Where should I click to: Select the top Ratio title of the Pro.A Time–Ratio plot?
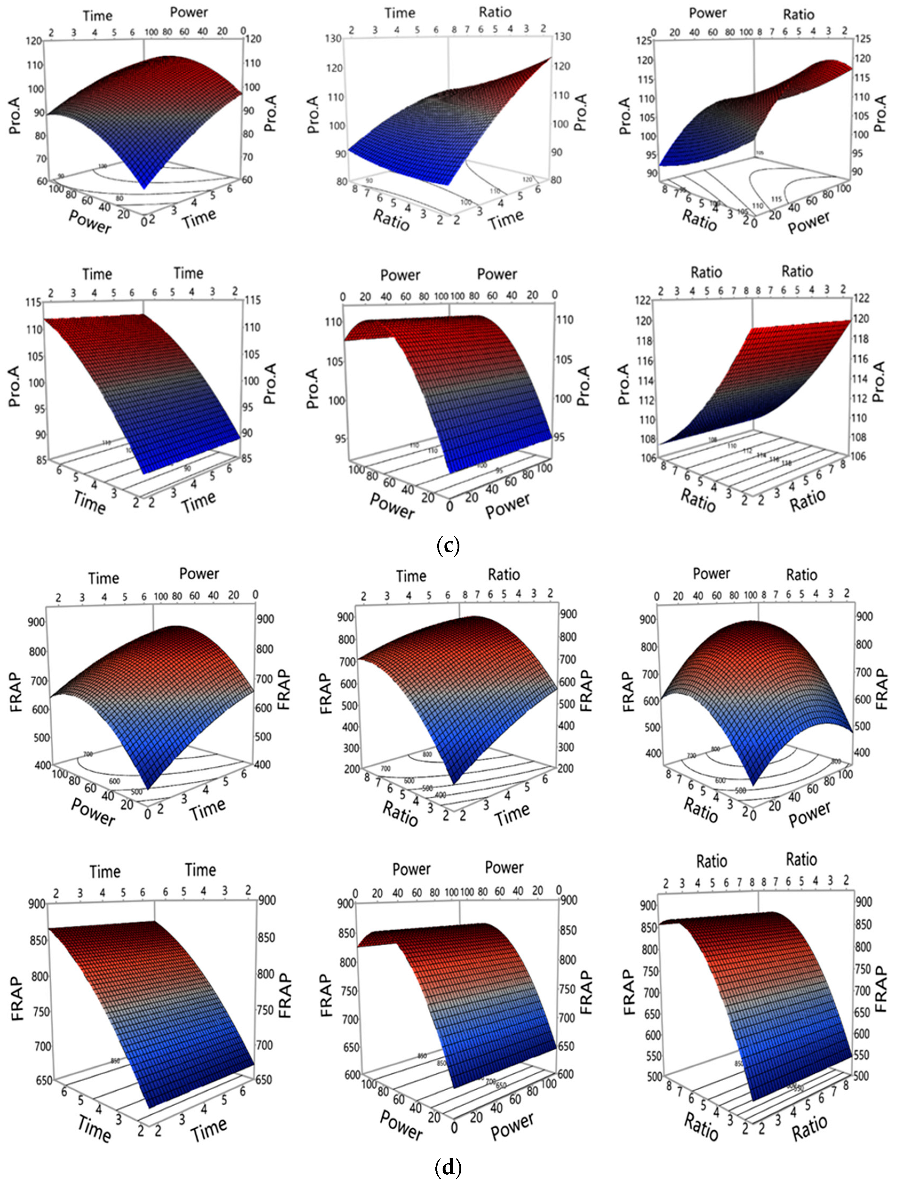[x=495, y=12]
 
